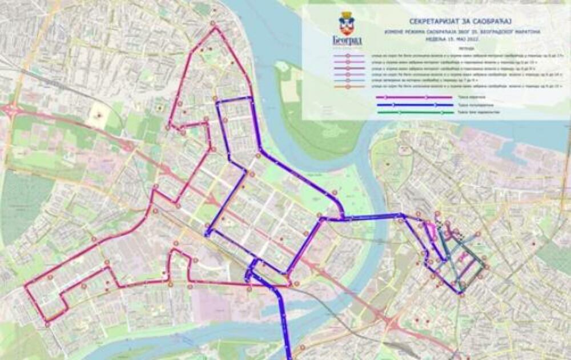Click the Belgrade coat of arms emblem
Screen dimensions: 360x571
[x=347, y=23]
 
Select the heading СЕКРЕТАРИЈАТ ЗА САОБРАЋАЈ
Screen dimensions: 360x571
[x=444, y=21]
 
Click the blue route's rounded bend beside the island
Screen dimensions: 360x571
[x=339, y=206]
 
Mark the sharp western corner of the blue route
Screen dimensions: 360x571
[x=207, y=233]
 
